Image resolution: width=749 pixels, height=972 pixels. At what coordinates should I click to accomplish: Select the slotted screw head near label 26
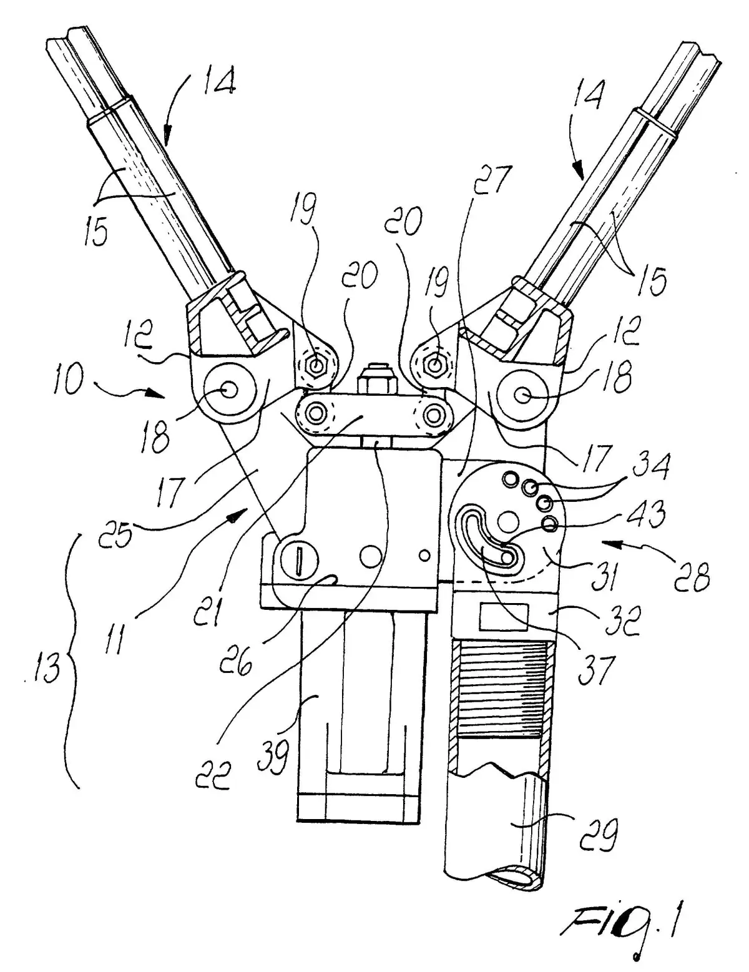click(x=299, y=559)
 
